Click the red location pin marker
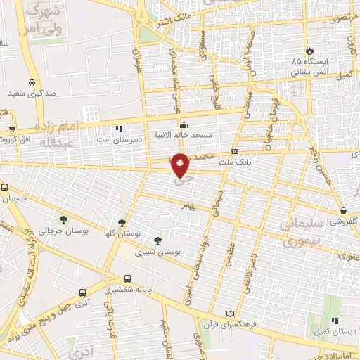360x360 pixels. (181, 165)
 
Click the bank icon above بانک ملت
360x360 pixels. (234, 151)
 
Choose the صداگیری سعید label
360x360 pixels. (32, 93)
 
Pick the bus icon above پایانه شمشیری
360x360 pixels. (127, 278)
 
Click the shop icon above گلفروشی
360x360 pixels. (343, 210)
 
